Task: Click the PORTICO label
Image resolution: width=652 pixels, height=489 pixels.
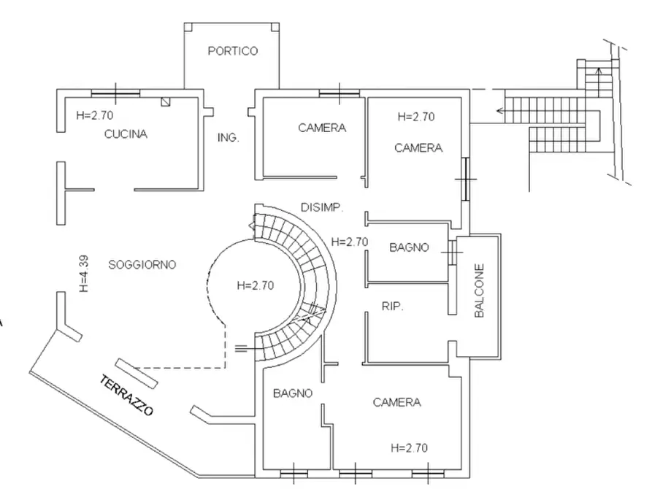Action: point(233,51)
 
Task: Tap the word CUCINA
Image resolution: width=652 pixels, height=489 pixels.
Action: point(126,134)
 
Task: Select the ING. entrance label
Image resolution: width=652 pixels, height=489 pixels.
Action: point(229,138)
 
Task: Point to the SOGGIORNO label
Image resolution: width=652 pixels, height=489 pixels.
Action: point(142,264)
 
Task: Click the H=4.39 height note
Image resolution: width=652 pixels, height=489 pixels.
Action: point(84,274)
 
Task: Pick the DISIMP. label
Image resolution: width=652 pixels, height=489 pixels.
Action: point(322,207)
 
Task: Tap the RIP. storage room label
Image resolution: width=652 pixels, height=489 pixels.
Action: point(393,307)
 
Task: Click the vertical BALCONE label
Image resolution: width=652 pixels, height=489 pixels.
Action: point(480,290)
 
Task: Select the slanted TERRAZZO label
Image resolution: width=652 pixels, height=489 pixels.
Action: point(127,395)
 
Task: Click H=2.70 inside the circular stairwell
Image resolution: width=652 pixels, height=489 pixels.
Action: point(256,285)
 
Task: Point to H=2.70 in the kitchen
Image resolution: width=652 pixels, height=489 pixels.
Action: point(95,115)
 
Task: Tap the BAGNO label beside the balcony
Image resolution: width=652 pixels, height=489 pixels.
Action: point(409,247)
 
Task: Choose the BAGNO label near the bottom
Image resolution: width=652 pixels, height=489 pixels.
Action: point(293,393)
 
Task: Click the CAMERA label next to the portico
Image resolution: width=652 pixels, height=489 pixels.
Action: point(322,128)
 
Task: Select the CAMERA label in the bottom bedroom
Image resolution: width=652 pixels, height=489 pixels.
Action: point(397,402)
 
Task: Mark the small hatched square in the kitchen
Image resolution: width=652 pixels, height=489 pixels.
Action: point(166,102)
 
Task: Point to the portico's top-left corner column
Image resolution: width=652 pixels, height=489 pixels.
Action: point(188,27)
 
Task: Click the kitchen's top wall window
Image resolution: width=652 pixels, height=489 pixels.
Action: point(115,93)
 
